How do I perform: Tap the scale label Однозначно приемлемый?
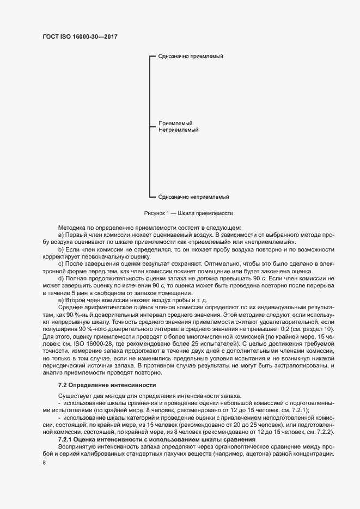(x=191, y=57)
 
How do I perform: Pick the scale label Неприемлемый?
(x=178, y=131)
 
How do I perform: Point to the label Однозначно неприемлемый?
(x=193, y=197)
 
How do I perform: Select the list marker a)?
(x=61, y=234)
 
